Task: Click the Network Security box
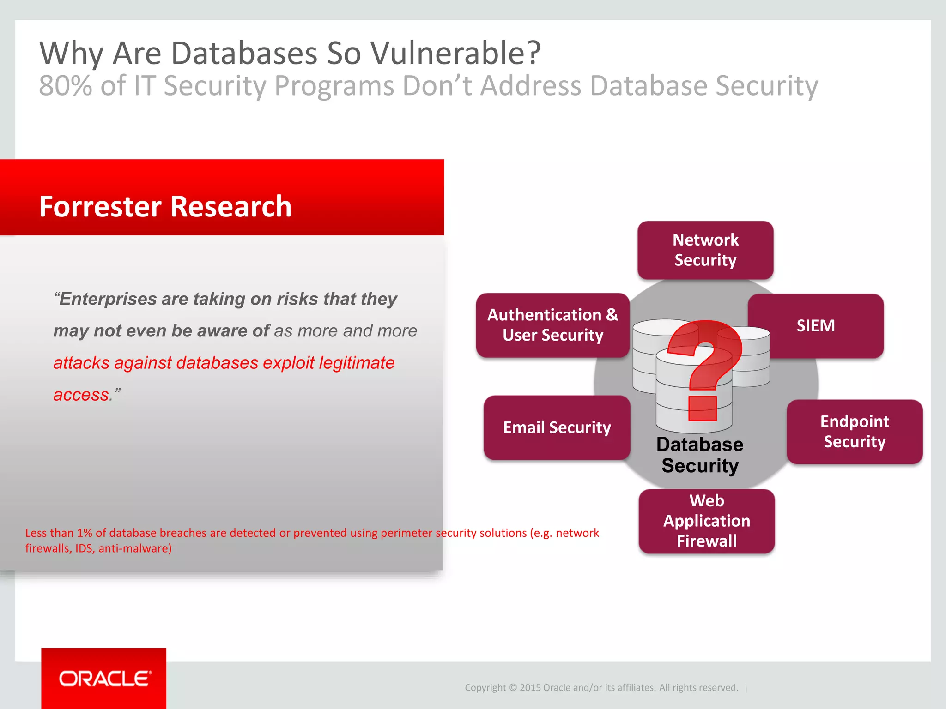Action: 705,250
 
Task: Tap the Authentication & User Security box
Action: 552,325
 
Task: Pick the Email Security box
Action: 557,427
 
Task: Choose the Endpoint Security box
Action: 855,432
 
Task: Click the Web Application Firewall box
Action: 707,521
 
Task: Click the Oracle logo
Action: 104,679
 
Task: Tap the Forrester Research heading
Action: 165,206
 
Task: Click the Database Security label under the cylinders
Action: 700,455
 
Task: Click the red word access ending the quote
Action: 81,395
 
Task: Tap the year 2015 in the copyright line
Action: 530,688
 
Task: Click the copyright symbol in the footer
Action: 513,688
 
